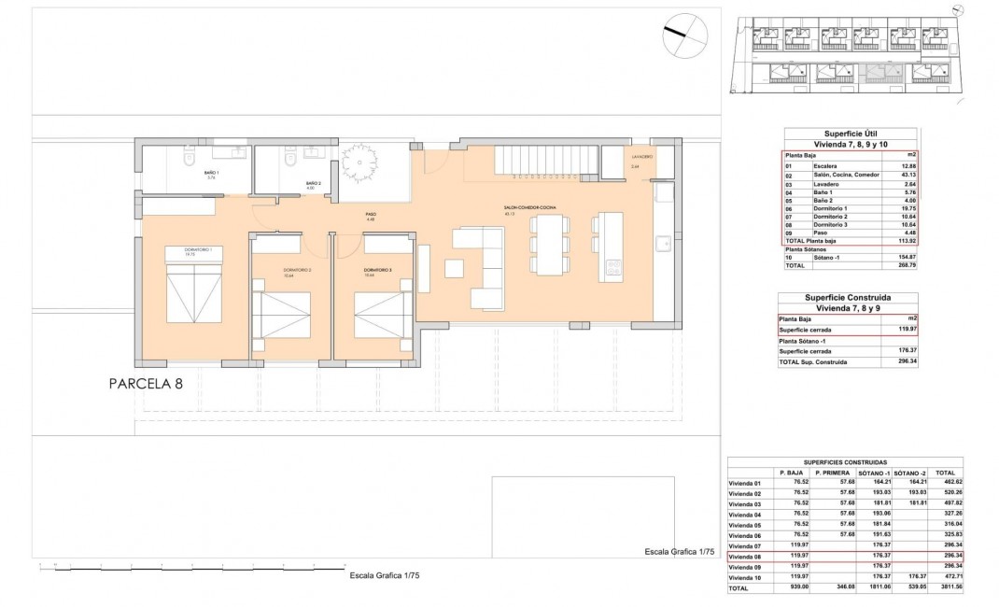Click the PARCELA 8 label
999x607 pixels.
click(x=145, y=383)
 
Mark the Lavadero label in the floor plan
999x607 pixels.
click(x=642, y=158)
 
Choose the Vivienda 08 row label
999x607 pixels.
click(x=746, y=557)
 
